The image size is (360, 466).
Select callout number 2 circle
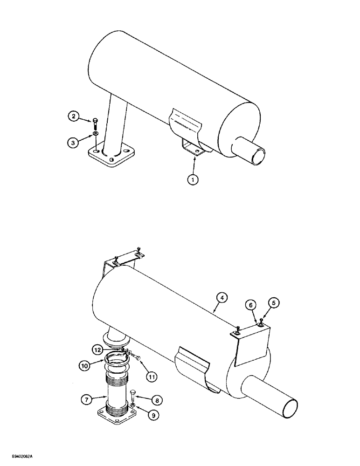tap(73, 117)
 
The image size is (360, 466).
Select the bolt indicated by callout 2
tap(95, 124)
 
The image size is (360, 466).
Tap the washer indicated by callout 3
tap(95, 134)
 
